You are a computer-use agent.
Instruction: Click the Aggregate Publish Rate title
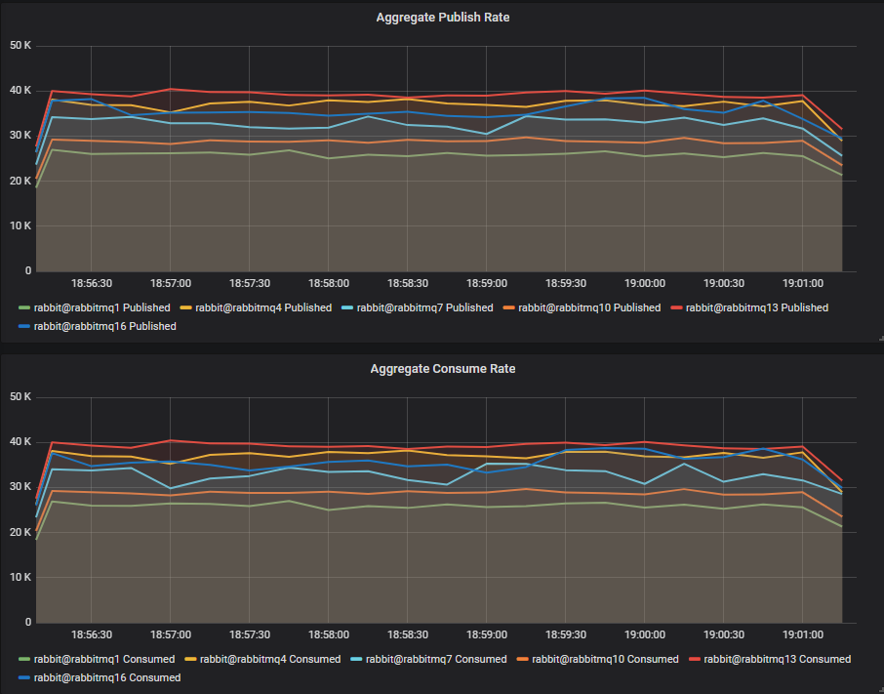point(442,18)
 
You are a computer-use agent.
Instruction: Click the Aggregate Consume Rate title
point(442,369)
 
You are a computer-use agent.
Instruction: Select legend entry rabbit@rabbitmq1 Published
point(101,307)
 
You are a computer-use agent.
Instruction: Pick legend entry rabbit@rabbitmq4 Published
point(263,307)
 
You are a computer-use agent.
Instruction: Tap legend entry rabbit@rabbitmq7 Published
point(424,307)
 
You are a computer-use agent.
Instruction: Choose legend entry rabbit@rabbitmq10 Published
point(589,307)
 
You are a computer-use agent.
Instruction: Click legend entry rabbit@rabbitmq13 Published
point(757,307)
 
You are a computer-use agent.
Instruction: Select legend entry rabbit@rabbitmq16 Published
point(104,326)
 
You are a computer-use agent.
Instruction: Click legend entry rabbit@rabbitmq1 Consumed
point(103,659)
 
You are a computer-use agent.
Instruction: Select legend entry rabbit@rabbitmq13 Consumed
point(777,659)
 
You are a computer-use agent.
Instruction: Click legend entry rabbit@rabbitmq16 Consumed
point(106,677)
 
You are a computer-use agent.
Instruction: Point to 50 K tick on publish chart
point(20,46)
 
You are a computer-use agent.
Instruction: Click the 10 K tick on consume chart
point(20,577)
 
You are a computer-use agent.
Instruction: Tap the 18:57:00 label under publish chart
point(171,283)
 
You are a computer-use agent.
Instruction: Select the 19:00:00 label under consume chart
point(645,634)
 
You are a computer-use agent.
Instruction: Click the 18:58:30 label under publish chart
point(408,283)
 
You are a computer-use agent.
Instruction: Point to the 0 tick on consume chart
point(28,622)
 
